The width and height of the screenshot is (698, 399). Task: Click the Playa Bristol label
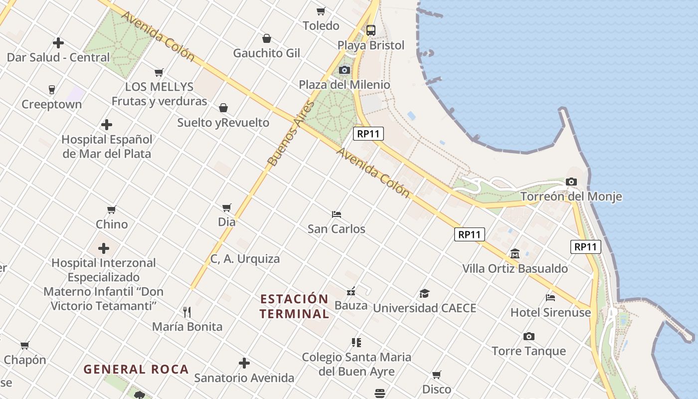(x=371, y=45)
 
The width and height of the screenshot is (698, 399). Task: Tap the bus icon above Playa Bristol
(x=371, y=30)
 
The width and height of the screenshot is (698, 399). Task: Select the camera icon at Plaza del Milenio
(x=345, y=70)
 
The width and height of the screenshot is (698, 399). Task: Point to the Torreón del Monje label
(x=571, y=197)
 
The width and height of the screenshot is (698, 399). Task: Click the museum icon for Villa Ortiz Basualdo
(x=515, y=254)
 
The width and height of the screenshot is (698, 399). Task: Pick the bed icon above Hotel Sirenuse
(x=550, y=298)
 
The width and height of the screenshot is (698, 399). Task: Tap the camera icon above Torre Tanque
(x=529, y=337)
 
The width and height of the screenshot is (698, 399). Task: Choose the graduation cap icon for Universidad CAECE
(x=424, y=293)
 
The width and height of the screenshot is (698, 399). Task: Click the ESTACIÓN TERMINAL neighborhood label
(x=295, y=306)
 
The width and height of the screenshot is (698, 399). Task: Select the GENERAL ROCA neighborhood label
(x=136, y=370)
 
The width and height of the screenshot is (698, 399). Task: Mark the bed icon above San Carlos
(x=337, y=214)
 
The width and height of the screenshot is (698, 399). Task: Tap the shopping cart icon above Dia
(x=227, y=207)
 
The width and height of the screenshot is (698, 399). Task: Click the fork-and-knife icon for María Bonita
(x=187, y=312)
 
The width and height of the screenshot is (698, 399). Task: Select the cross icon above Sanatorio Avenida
(x=244, y=363)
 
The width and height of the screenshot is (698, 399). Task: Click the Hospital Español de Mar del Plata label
(x=107, y=146)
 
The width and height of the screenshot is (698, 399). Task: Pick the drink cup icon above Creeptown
(x=52, y=90)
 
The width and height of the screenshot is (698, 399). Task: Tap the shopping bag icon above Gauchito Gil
(x=267, y=38)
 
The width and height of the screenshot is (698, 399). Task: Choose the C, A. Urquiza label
(x=245, y=259)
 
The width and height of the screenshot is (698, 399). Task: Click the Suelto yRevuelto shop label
(x=223, y=123)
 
